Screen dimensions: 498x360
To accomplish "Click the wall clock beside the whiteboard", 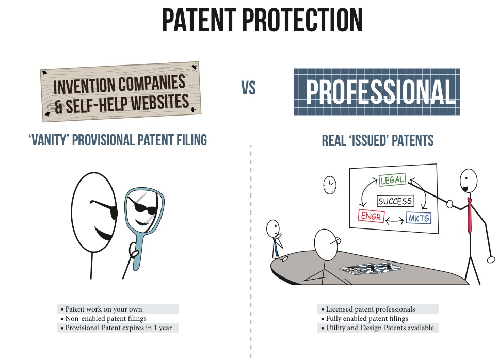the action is click(330, 185).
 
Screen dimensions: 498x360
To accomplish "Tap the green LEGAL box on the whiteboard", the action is click(393, 179).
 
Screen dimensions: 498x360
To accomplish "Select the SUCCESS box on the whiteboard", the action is click(395, 201).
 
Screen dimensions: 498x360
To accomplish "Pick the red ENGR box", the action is click(371, 216).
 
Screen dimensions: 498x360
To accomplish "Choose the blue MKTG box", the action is click(419, 218).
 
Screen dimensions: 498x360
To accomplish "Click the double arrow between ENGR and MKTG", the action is click(395, 220).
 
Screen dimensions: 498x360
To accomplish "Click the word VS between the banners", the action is click(248, 88).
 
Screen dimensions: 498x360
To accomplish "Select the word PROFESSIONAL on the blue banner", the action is click(381, 92).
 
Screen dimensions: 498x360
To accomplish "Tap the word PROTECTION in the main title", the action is click(302, 20).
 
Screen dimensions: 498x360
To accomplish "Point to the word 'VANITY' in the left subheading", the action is click(49, 140).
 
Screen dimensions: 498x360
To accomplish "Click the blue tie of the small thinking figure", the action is click(276, 247).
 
